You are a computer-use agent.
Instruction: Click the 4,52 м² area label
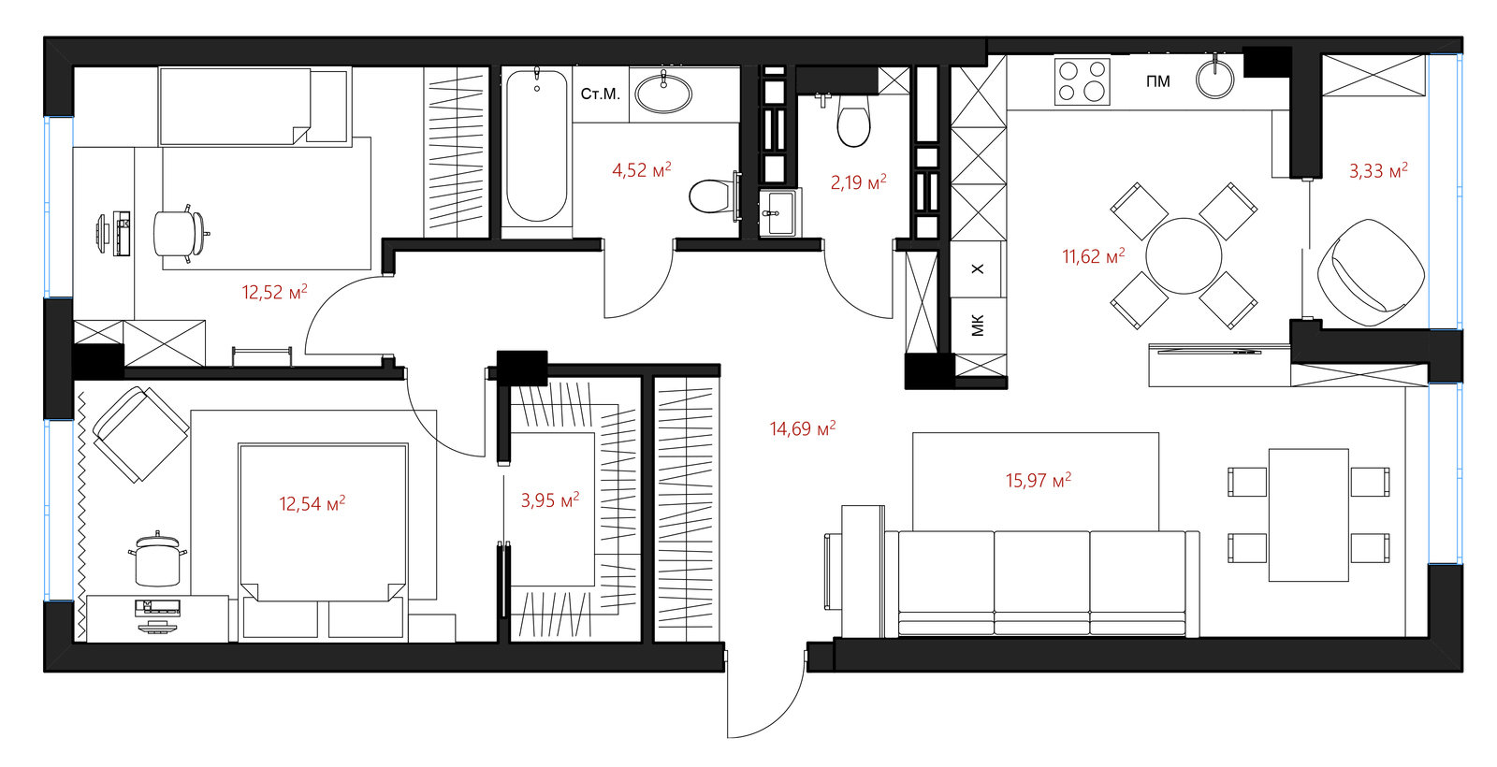[x=642, y=169]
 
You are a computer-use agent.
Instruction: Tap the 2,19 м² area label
[x=859, y=181]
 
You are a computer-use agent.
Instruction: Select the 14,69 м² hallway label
[x=803, y=428]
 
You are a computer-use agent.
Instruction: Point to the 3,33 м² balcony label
[x=1378, y=170]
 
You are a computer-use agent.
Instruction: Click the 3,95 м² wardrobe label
[x=550, y=499]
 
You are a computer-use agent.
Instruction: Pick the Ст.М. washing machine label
[x=600, y=94]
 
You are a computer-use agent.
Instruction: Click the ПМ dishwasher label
[x=1158, y=81]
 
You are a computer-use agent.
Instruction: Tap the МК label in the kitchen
[x=978, y=326]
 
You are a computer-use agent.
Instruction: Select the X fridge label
[x=978, y=268]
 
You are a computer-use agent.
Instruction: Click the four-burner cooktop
[x=1082, y=81]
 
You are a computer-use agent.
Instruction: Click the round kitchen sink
[x=1215, y=80]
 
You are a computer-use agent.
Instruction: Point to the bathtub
[x=537, y=146]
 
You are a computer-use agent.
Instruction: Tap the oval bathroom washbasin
[x=663, y=94]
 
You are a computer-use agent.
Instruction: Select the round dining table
[x=1184, y=256]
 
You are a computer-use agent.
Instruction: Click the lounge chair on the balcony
[x=1371, y=272]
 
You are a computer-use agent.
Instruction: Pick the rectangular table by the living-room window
[x=1309, y=515]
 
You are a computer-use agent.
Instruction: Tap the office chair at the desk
[x=179, y=234]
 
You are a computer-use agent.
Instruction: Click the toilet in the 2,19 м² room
[x=853, y=123]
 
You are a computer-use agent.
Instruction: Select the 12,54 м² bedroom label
[x=312, y=503]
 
